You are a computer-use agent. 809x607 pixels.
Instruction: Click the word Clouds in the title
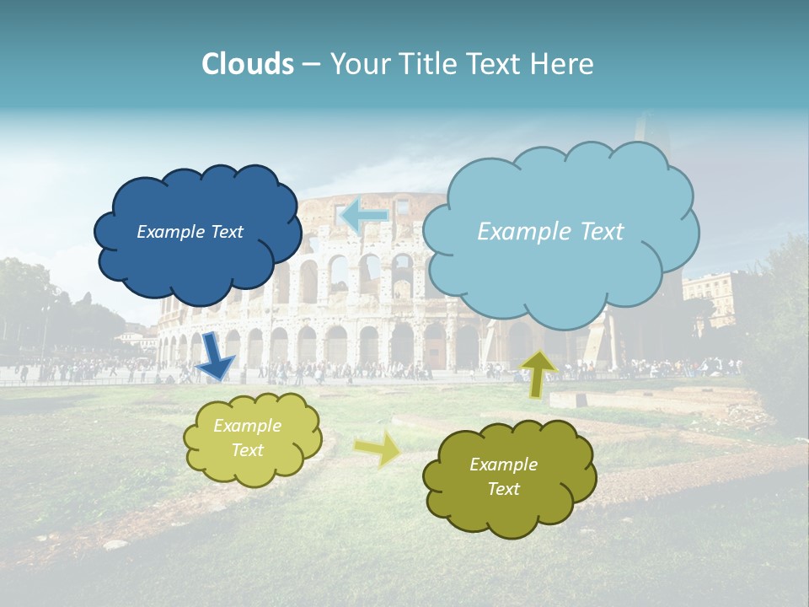click(248, 64)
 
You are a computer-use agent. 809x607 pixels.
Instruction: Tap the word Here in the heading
click(563, 64)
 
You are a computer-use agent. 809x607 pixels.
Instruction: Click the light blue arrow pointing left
click(364, 215)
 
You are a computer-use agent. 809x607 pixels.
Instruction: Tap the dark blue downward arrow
click(217, 357)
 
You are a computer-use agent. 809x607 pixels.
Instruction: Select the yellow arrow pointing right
click(378, 448)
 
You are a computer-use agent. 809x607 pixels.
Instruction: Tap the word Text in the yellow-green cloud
click(248, 450)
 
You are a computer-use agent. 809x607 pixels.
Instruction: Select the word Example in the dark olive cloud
click(503, 465)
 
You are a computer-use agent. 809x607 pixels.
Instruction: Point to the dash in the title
click(311, 65)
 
